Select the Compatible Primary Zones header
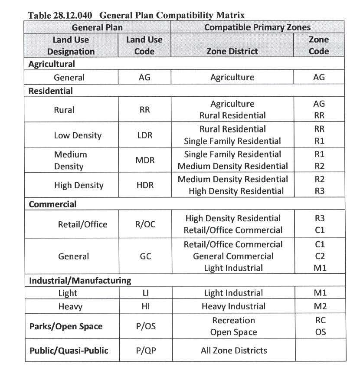coord(257,27)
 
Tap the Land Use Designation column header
coord(71,46)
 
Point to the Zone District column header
coord(232,51)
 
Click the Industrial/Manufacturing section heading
coord(80,280)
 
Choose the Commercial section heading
coord(52,204)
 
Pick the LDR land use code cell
coord(144,135)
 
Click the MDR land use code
coord(144,161)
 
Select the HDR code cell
coord(144,185)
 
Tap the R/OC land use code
coord(145,224)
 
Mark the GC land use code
coord(145,256)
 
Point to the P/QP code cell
coord(145,351)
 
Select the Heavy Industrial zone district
coord(233,306)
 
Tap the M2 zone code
coord(320,306)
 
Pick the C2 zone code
coord(320,256)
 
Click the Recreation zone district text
coord(233,321)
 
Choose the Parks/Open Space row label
coord(66,326)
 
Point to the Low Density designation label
coord(78,135)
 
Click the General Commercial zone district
coord(233,256)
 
